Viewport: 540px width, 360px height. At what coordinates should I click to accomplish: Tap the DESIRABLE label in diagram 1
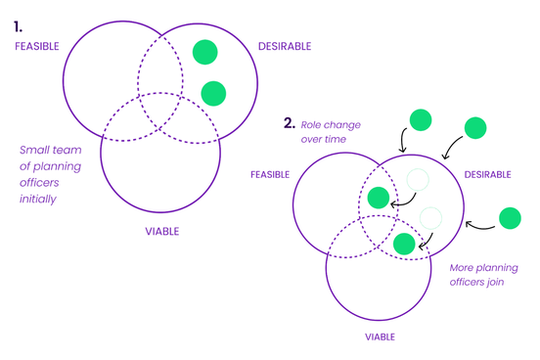coord(285,46)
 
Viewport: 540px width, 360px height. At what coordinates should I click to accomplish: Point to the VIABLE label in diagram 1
coord(162,232)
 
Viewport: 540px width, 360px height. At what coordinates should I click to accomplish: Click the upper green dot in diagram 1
coord(204,52)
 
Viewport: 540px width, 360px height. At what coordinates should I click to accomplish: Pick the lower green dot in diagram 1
coord(213,93)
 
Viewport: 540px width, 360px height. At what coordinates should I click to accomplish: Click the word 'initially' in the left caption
coord(38,198)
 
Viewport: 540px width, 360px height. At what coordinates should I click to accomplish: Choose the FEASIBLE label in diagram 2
coord(270,174)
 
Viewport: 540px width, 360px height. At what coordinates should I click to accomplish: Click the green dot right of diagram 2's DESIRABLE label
coord(509,218)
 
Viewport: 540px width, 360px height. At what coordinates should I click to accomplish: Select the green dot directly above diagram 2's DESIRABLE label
coord(474,127)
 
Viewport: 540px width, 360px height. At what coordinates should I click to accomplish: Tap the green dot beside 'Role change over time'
coord(420,120)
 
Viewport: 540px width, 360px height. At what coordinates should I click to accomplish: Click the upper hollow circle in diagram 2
coord(418,178)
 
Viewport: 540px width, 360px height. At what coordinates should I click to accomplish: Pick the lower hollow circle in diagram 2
coord(430,217)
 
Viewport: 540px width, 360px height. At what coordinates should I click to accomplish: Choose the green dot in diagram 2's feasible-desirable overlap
coord(380,198)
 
